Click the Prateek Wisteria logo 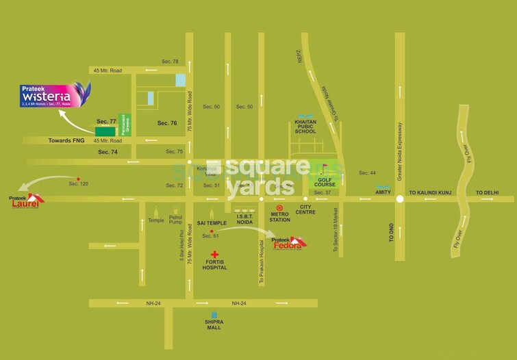coord(55,95)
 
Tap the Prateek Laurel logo coord(26,201)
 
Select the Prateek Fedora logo coord(288,242)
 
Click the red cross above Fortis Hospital coord(214,254)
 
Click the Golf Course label coord(324,181)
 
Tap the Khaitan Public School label coord(305,128)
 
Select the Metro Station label coord(279,216)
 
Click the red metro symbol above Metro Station coord(279,207)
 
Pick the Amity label coord(383,192)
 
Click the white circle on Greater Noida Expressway coord(399,199)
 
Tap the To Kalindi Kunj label coord(433,192)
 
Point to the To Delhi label coord(488,192)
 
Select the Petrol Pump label coord(176,220)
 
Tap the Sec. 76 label coord(167,123)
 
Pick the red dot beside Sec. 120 coord(78,178)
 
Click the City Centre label coord(305,209)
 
